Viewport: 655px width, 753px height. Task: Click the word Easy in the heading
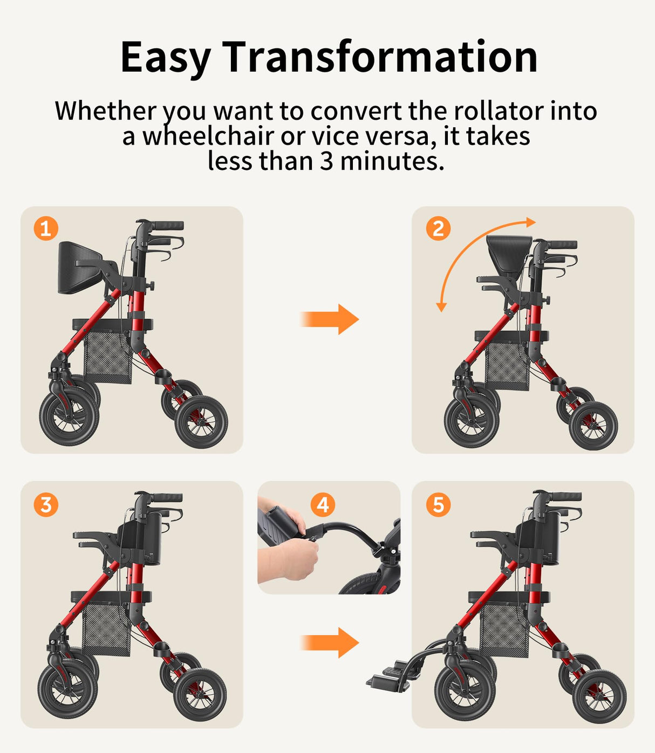click(x=165, y=57)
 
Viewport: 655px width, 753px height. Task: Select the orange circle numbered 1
click(x=46, y=229)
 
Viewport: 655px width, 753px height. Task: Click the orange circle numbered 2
click(x=438, y=229)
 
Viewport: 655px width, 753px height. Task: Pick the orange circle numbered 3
click(x=46, y=505)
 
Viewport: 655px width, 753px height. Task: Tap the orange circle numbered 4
click(x=323, y=505)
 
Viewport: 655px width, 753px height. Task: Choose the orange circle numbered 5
click(x=438, y=505)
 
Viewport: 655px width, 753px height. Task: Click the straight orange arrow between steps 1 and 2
click(x=329, y=319)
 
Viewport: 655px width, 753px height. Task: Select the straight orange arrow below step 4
click(x=329, y=642)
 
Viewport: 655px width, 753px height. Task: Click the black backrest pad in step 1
click(x=78, y=268)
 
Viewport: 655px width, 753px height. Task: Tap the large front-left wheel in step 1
click(x=69, y=419)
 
